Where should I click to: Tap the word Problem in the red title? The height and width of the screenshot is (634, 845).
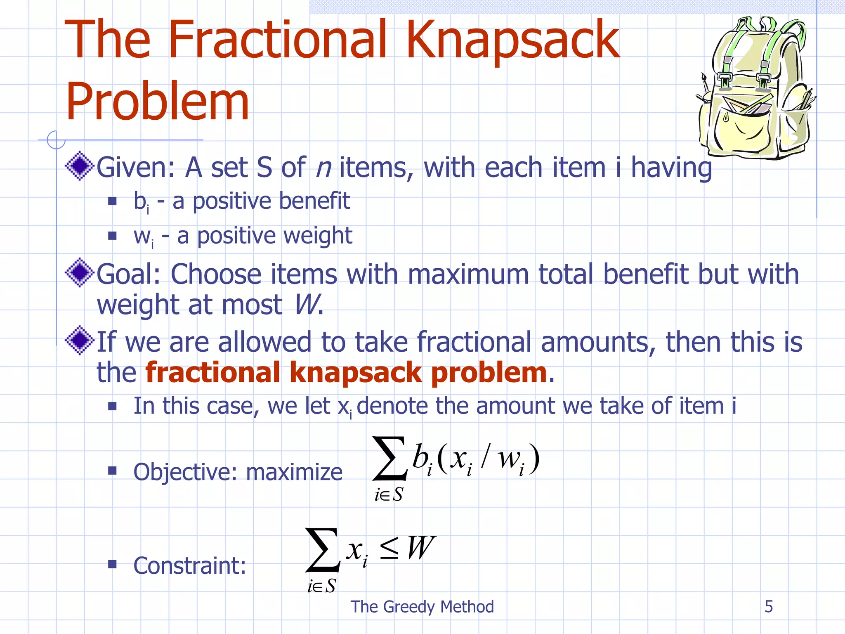coord(157,102)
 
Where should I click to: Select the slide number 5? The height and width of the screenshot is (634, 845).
coord(769,606)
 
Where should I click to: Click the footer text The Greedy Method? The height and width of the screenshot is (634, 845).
coord(422,606)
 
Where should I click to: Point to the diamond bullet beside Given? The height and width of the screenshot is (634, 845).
coord(80,166)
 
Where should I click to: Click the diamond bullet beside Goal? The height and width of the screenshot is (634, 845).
coord(80,272)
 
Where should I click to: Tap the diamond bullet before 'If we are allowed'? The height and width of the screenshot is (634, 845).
coord(80,341)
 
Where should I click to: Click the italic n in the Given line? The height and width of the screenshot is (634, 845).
coord(323,168)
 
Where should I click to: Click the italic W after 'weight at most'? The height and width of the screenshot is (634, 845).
coord(306,305)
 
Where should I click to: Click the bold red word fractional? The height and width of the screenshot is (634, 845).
coord(213,372)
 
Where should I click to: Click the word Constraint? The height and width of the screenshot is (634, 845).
coord(189,565)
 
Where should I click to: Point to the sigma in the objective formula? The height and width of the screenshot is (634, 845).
coord(390,459)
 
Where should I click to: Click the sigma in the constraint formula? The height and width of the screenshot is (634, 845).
coord(323,550)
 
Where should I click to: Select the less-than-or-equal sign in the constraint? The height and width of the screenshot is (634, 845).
coord(389,549)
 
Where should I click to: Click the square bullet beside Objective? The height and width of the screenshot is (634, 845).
coord(112,471)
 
